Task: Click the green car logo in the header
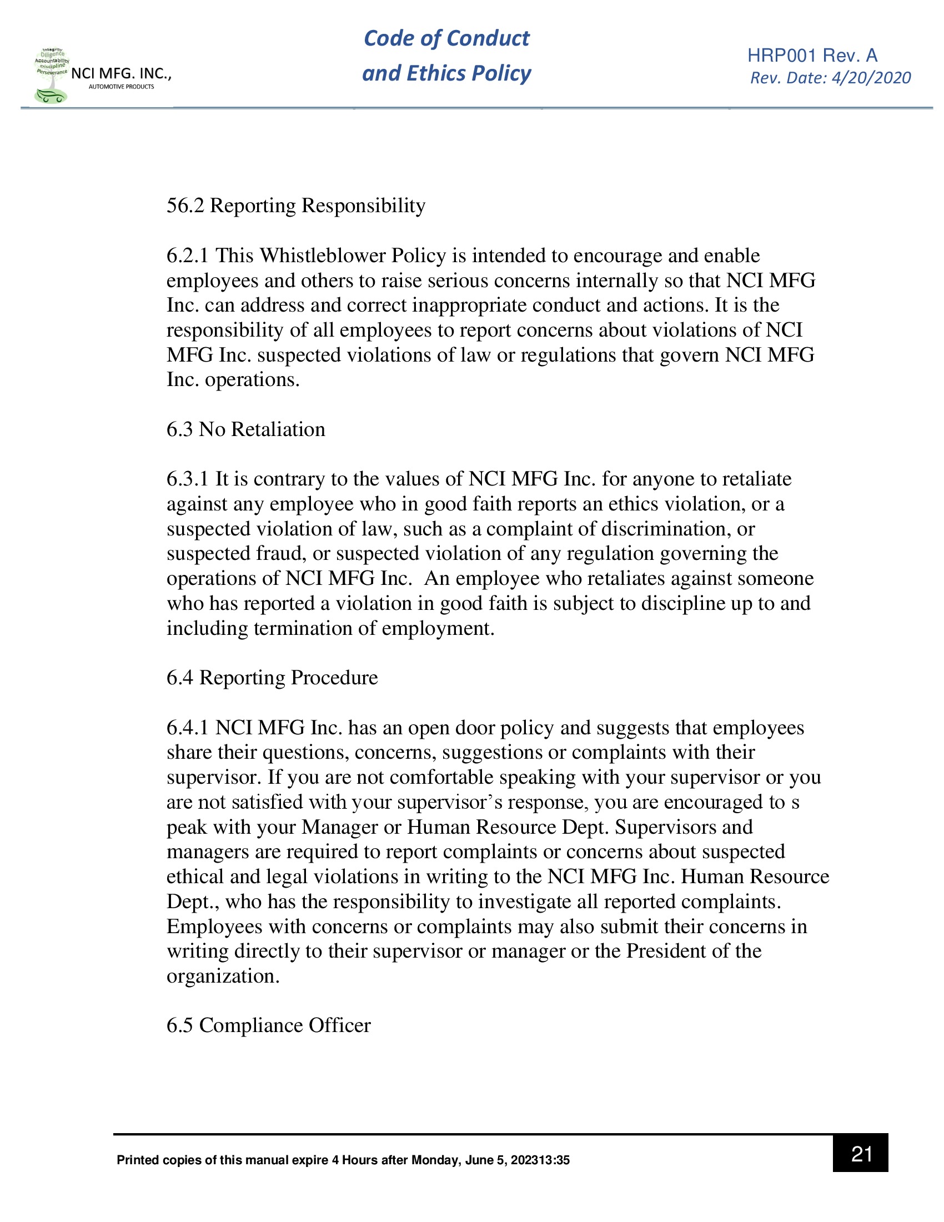[x=51, y=96]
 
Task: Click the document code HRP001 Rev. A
[x=812, y=56]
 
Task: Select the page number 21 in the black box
[x=861, y=1153]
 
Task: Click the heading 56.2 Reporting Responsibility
[x=296, y=206]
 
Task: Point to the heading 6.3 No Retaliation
[x=245, y=429]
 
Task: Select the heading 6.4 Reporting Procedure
[x=272, y=678]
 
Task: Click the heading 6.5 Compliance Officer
[x=268, y=1025]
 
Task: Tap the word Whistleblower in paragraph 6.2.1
[x=323, y=256]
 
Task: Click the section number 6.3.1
[x=187, y=479]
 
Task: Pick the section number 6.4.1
[x=187, y=728]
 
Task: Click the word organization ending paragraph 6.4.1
[x=222, y=976]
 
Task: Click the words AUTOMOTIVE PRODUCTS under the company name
[x=121, y=87]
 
